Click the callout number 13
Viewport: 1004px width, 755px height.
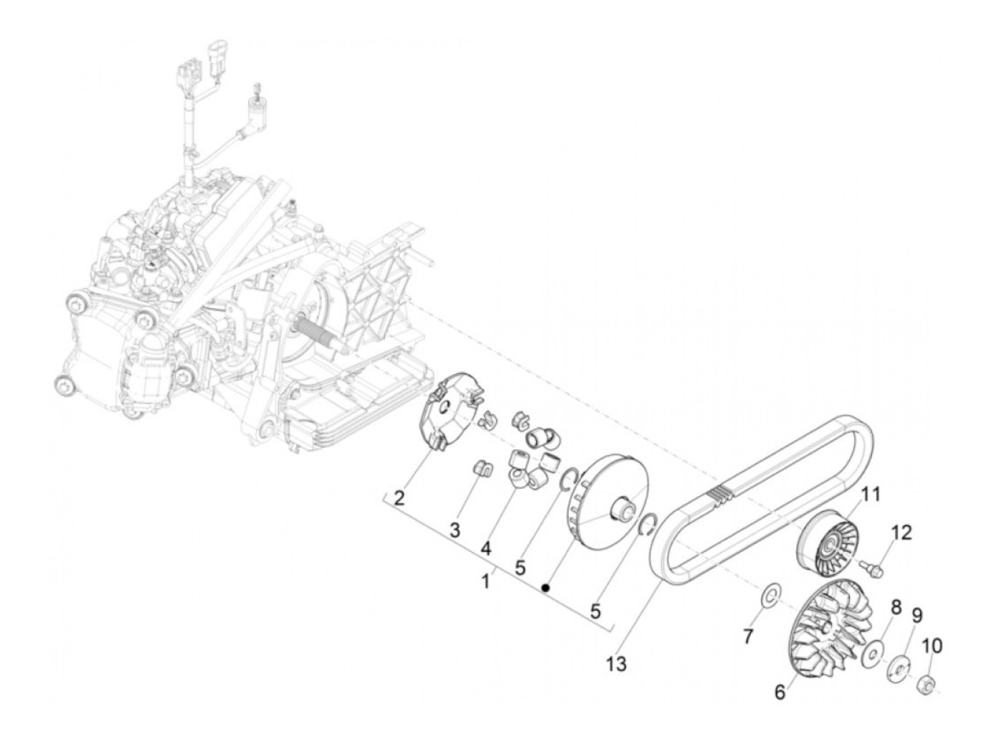pyautogui.click(x=615, y=664)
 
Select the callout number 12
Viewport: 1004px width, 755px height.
pyautogui.click(x=901, y=533)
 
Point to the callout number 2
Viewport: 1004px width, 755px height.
pyautogui.click(x=399, y=497)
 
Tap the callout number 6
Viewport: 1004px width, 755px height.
pyautogui.click(x=780, y=693)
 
